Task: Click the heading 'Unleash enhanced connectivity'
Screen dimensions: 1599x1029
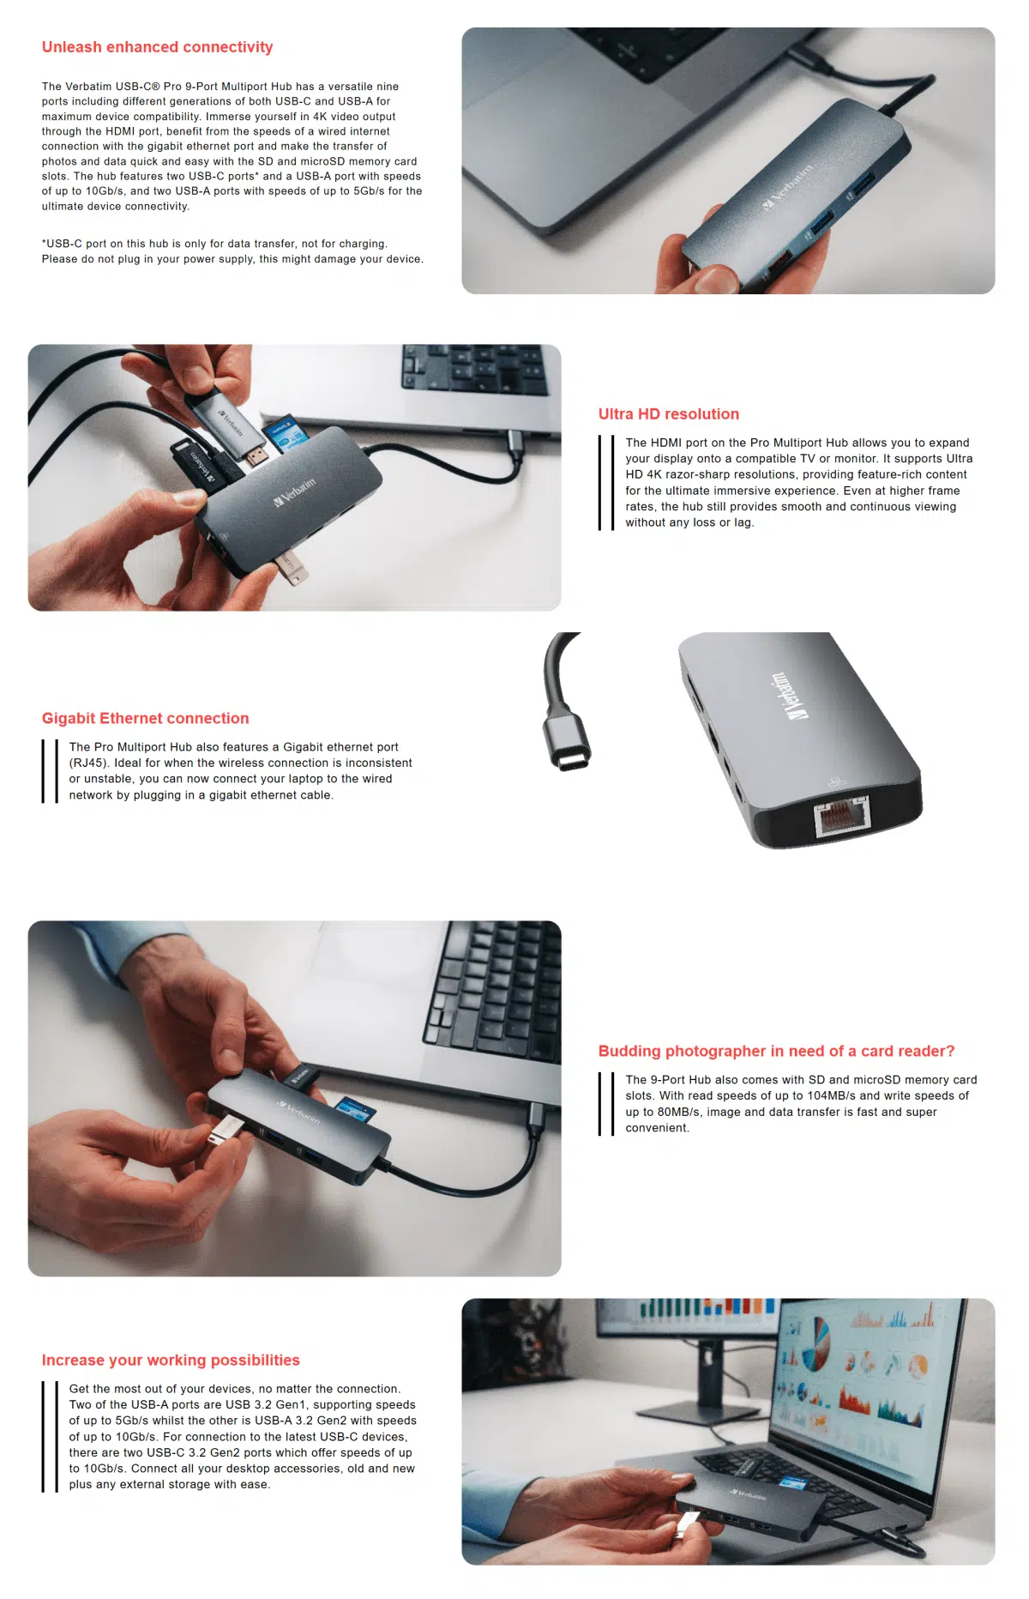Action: pyautogui.click(x=157, y=47)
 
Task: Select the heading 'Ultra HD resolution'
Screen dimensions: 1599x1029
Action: pyautogui.click(x=668, y=414)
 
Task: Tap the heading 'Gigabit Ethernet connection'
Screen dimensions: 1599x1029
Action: pyautogui.click(x=145, y=719)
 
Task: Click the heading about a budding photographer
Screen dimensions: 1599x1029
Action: pyautogui.click(x=776, y=1052)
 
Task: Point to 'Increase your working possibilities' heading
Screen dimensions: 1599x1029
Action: pyautogui.click(x=171, y=1361)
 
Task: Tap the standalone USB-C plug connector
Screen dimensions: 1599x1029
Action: pyautogui.click(x=567, y=741)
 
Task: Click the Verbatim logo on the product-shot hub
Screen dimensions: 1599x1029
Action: pyautogui.click(x=787, y=695)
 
